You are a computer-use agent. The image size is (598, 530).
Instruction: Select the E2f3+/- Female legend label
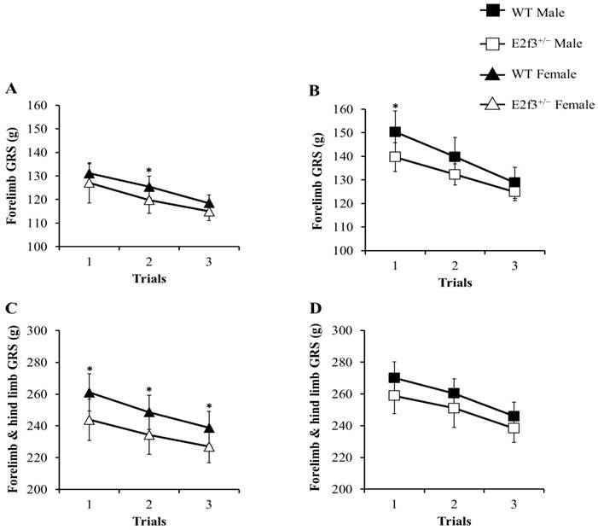click(x=546, y=104)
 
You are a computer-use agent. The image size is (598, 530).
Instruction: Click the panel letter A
click(x=11, y=89)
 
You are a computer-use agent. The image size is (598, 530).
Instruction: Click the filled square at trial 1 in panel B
click(x=395, y=132)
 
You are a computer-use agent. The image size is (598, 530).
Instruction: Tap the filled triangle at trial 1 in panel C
click(x=90, y=393)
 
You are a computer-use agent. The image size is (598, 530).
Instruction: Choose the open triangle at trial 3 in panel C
click(x=209, y=446)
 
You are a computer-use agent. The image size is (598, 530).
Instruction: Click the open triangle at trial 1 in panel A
click(x=90, y=183)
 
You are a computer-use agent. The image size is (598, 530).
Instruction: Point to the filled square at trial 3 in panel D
click(x=514, y=416)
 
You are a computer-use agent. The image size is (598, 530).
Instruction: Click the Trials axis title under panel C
click(x=148, y=521)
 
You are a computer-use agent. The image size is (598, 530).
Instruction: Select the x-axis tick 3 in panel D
click(x=514, y=504)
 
